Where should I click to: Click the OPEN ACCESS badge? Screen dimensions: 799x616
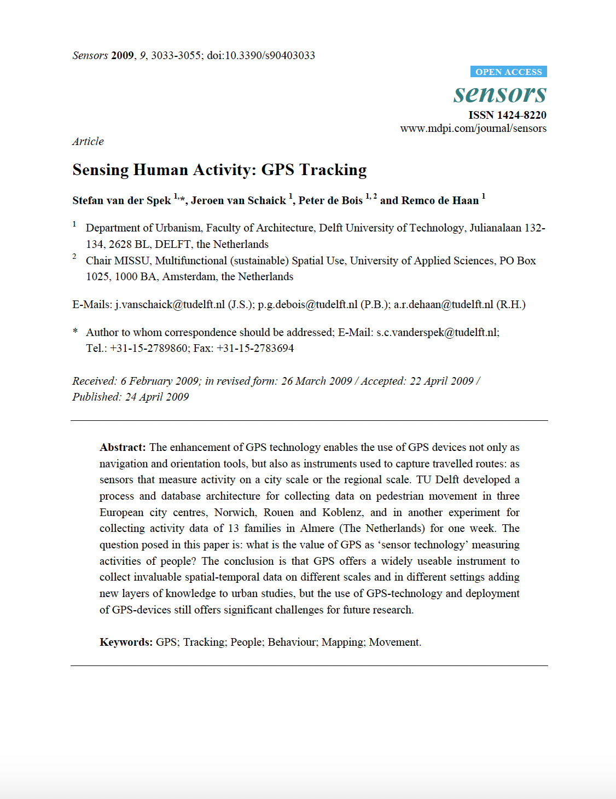(x=508, y=72)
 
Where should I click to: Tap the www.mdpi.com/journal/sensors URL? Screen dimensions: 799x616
(x=473, y=129)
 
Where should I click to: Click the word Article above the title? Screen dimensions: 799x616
(x=88, y=141)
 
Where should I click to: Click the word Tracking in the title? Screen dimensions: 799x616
(x=333, y=170)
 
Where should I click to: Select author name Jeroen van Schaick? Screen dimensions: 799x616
(x=239, y=201)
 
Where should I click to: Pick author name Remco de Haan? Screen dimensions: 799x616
(x=440, y=201)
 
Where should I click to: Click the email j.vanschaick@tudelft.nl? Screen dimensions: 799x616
(x=170, y=305)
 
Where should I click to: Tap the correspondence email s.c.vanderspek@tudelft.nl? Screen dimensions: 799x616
(x=437, y=332)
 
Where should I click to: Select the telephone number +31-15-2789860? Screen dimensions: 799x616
(x=149, y=349)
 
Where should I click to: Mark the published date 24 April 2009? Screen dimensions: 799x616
(x=157, y=397)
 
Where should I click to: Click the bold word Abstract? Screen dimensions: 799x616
(x=123, y=448)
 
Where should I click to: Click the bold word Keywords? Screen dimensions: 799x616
(x=126, y=642)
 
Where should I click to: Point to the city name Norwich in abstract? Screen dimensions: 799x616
(x=235, y=513)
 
